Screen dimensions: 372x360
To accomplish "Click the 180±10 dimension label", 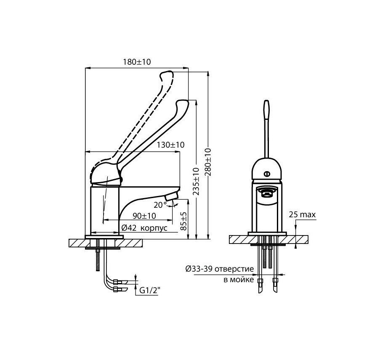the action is [x=137, y=62].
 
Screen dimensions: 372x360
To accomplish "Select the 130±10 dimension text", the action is [x=170, y=145].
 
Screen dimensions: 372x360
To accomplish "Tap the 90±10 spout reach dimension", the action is [x=144, y=216].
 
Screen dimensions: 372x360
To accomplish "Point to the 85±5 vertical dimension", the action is [x=184, y=221].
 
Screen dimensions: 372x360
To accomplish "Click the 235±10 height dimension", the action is [x=196, y=182].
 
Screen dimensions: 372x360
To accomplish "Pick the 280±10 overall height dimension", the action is [x=208, y=162].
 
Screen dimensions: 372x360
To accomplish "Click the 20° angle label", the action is [x=160, y=205].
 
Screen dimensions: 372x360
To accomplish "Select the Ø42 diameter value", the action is [x=129, y=228].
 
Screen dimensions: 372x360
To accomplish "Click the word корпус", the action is [x=154, y=228].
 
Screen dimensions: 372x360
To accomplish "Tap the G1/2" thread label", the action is [x=150, y=291].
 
